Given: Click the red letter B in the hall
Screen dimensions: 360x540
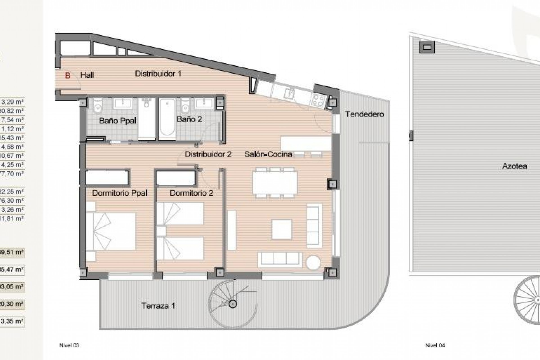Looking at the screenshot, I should click(x=67, y=75).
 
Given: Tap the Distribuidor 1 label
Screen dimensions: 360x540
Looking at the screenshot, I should click(x=158, y=74).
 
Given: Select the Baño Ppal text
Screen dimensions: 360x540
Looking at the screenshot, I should click(x=118, y=121).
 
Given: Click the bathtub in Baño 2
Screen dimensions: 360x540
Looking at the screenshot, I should click(x=167, y=119).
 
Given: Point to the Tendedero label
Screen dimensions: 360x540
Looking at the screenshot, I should click(x=364, y=114).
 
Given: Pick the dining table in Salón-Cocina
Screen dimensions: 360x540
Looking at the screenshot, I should click(x=275, y=183).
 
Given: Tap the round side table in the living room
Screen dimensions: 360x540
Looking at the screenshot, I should click(x=313, y=263).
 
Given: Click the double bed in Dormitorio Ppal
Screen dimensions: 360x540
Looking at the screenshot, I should click(x=111, y=231).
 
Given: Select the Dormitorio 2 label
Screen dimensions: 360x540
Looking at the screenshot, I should click(x=191, y=193).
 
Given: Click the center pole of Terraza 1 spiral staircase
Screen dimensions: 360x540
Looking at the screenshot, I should click(x=233, y=304).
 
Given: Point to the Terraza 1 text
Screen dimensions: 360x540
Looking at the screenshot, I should click(x=158, y=306).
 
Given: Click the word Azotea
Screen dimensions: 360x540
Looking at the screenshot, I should click(x=514, y=166).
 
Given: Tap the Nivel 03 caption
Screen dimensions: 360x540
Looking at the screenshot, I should click(x=69, y=345).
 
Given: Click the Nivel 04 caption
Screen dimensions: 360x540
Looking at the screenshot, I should click(x=435, y=345).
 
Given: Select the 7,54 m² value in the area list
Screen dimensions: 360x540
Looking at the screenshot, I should click(x=12, y=120).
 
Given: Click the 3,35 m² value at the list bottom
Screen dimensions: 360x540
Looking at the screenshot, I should click(x=12, y=321).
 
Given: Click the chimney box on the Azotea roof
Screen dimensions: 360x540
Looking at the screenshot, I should click(x=427, y=47).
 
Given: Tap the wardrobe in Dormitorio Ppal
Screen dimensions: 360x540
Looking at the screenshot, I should click(x=107, y=177).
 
